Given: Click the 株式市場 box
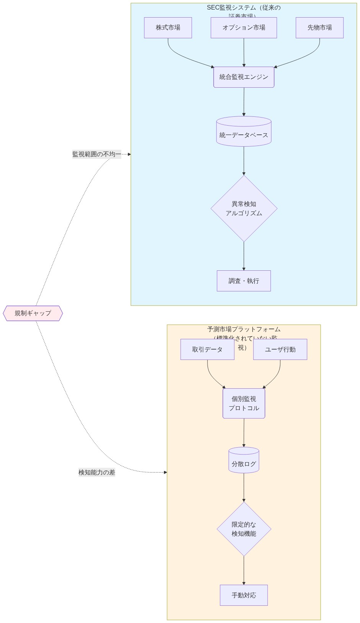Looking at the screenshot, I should (x=168, y=28).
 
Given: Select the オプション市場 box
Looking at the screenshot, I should (x=244, y=28).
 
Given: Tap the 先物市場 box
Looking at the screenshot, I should (x=319, y=28).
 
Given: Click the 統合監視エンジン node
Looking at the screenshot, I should (x=244, y=77).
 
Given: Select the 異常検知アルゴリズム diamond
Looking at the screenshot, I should (x=244, y=208).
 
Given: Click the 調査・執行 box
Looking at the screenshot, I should (x=244, y=281).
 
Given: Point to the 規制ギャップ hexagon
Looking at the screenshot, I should (x=33, y=313).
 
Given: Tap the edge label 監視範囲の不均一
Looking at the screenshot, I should (x=97, y=154).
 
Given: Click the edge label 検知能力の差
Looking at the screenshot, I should (x=97, y=472).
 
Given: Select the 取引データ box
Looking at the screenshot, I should (x=207, y=349).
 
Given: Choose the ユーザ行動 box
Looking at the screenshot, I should (x=280, y=349).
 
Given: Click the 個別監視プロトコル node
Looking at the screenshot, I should (x=244, y=403).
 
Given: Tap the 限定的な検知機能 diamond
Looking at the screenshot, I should (x=244, y=529).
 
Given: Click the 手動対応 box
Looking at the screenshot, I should (x=244, y=595).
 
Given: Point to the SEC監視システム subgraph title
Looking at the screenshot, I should (x=244, y=8).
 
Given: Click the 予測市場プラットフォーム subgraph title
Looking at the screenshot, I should (x=244, y=330).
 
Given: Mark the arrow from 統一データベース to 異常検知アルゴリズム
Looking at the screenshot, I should (x=244, y=160).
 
